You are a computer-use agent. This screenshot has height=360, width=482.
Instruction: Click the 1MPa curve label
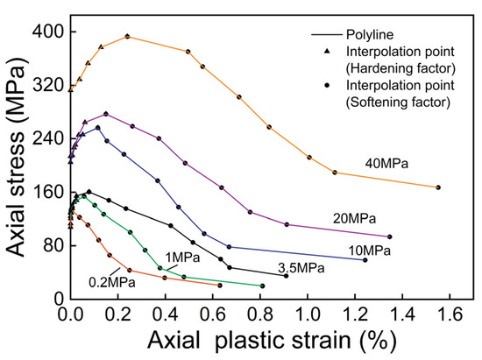pyautogui.click(x=179, y=256)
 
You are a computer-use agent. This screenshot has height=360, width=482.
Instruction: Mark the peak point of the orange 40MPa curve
pyautogui.click(x=128, y=36)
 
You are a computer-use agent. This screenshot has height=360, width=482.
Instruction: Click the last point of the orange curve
pyautogui.click(x=438, y=187)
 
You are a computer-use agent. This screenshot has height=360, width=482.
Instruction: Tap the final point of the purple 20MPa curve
pyautogui.click(x=389, y=236)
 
